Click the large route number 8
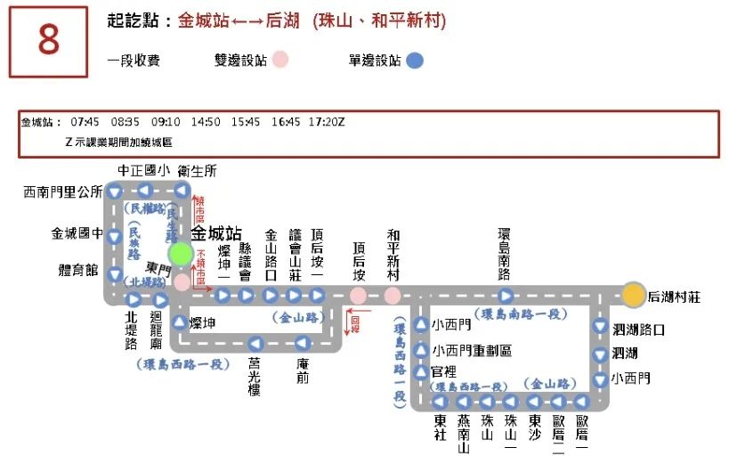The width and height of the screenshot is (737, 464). pos(49,42)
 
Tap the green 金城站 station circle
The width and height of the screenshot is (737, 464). pos(182,255)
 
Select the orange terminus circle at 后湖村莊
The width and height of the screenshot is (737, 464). pos(633,295)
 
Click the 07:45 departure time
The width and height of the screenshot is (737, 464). pos(85,122)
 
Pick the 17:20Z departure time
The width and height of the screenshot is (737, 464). pos(327,122)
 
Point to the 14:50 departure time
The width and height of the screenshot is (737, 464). pos(206,122)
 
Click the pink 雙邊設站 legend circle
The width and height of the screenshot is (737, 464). pos(281,61)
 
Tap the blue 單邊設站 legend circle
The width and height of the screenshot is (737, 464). pos(415,61)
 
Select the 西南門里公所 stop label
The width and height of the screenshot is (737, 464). pos(63,191)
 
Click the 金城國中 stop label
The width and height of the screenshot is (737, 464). pos(77,234)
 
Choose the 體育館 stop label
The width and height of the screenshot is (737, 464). pos(78,270)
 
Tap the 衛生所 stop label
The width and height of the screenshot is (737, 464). pos(197,171)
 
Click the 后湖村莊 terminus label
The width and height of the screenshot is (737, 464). pos(674,297)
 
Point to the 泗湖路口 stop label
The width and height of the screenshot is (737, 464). pos(638,330)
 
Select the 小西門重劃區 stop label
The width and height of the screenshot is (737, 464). pos(471,351)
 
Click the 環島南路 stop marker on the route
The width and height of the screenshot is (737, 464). pos(505,296)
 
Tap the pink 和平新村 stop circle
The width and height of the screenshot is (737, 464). pos(393,296)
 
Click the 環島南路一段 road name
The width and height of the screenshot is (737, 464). pos(522,313)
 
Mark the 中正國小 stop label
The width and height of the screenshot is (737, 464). pos(143,171)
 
